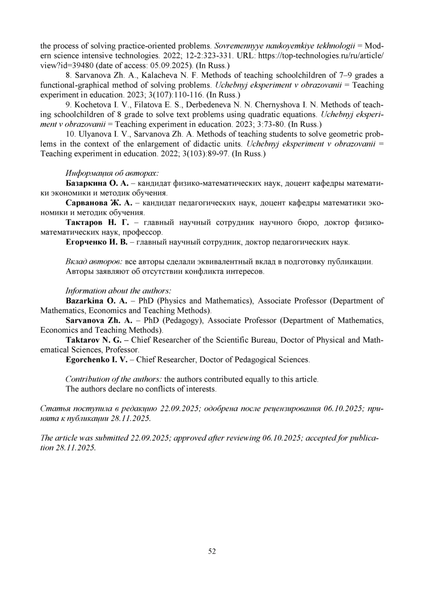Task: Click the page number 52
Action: [x=212, y=551]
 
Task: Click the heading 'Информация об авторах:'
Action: [x=112, y=173]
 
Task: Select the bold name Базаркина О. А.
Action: [x=96, y=183]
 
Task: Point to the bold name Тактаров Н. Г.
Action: [x=97, y=222]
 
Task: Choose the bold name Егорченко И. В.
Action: [x=96, y=242]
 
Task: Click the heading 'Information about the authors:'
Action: [x=118, y=291]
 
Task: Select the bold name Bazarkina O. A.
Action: [x=96, y=301]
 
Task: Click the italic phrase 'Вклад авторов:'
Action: [x=94, y=262]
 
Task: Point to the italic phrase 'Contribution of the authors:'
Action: [x=114, y=379]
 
